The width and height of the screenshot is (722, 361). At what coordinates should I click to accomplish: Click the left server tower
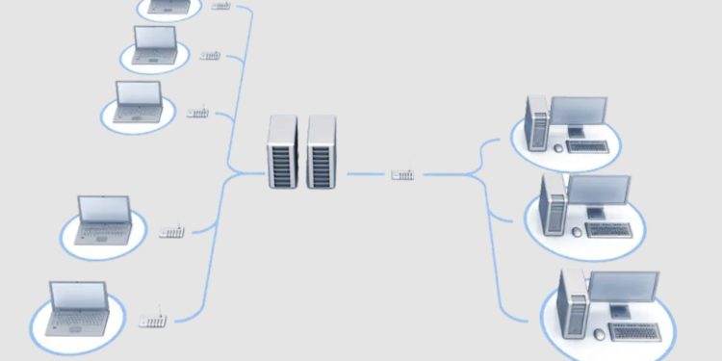pyautogui.click(x=281, y=151)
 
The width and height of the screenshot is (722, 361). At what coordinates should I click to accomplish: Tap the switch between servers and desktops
pyautogui.click(x=403, y=174)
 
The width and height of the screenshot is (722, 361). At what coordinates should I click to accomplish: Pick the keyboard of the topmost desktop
pyautogui.click(x=587, y=146)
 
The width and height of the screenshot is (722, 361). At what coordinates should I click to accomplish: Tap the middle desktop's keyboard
pyautogui.click(x=609, y=230)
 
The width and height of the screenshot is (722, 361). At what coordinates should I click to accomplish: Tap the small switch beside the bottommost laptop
pyautogui.click(x=152, y=320)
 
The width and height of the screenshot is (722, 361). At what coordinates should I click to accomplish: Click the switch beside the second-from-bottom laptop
pyautogui.click(x=171, y=232)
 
